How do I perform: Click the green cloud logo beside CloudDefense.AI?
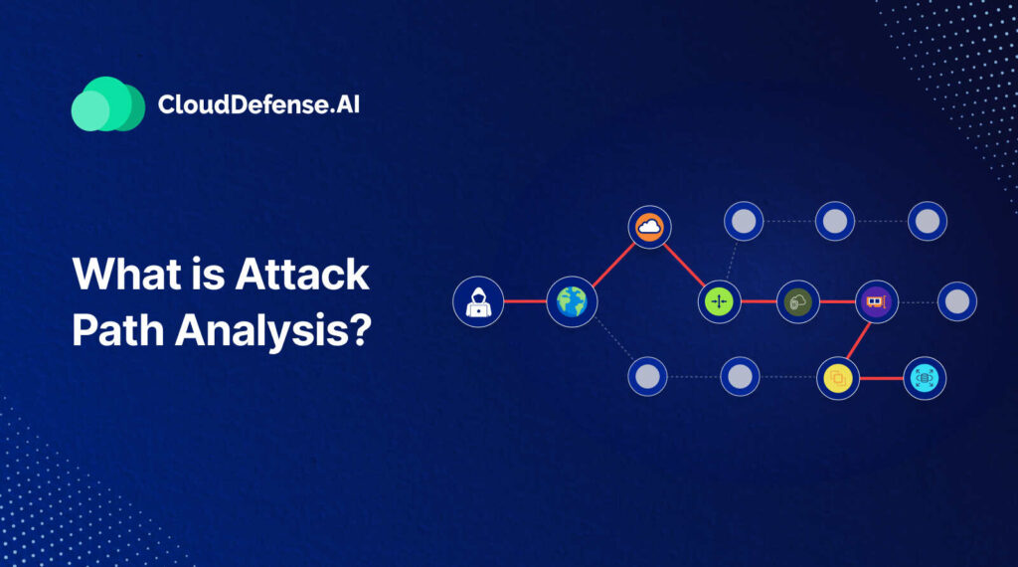(107, 103)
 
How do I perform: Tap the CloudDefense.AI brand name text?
(258, 104)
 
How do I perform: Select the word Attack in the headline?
(302, 274)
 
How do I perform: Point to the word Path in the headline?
(117, 330)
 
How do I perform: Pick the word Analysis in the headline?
(272, 331)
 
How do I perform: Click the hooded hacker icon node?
(478, 302)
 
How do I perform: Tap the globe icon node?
(572, 302)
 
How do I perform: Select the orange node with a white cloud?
(649, 228)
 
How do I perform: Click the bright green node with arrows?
(720, 302)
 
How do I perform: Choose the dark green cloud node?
(798, 302)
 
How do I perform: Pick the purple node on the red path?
(877, 302)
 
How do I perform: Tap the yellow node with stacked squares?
(837, 378)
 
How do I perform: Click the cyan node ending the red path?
(925, 378)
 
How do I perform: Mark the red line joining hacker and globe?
(525, 301)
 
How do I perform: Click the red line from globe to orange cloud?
(613, 265)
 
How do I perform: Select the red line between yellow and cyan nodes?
(881, 378)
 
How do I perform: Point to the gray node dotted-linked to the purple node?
(957, 302)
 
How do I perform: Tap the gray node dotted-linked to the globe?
(647, 377)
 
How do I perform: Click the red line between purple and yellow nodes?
(858, 341)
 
